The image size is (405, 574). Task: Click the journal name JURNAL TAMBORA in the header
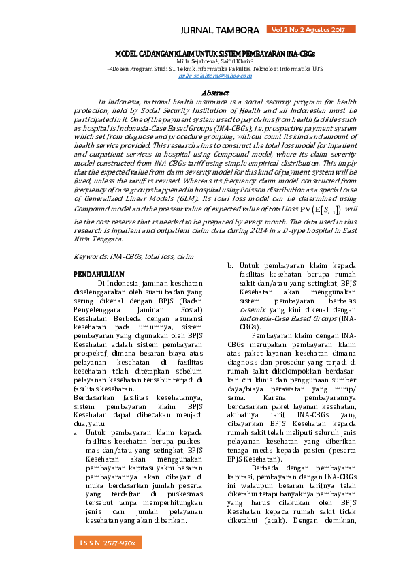(x=219, y=31)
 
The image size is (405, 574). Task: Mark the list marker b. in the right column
(x=231, y=264)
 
